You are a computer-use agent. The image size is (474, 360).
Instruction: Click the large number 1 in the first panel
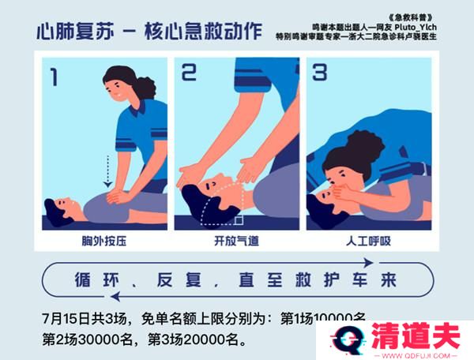click(x=54, y=77)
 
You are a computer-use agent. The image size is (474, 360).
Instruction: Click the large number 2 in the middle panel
click(x=189, y=73)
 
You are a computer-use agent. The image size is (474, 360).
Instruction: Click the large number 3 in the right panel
click(x=319, y=73)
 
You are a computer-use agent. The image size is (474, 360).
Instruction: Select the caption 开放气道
click(x=236, y=241)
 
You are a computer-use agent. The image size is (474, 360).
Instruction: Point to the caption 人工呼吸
click(x=369, y=241)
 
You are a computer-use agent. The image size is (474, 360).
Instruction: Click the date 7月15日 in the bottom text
click(x=67, y=321)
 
